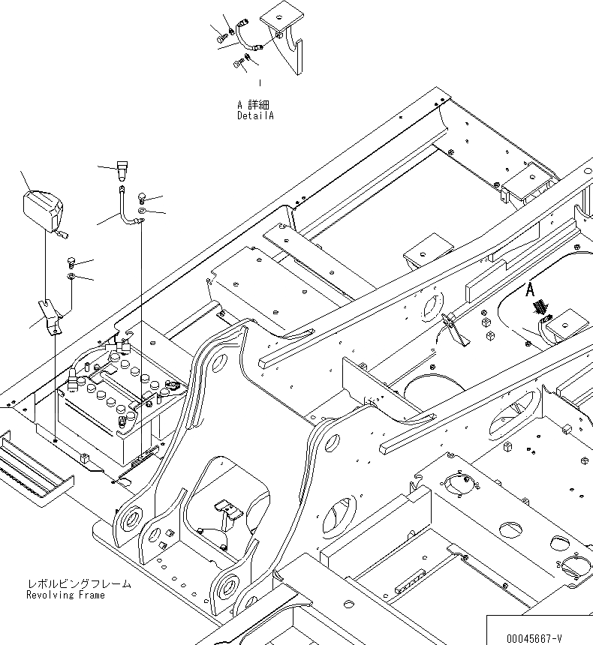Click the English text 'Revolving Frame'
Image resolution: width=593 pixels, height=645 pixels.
(65, 595)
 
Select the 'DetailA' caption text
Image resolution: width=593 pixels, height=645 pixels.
(256, 116)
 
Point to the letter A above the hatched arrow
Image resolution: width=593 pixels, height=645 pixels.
(530, 288)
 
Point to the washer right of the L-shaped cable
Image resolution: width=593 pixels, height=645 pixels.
(143, 213)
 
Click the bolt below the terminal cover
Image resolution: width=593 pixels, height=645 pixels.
(71, 262)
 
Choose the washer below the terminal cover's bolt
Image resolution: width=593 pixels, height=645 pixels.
(71, 277)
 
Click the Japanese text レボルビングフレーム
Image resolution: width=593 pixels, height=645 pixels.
(78, 583)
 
